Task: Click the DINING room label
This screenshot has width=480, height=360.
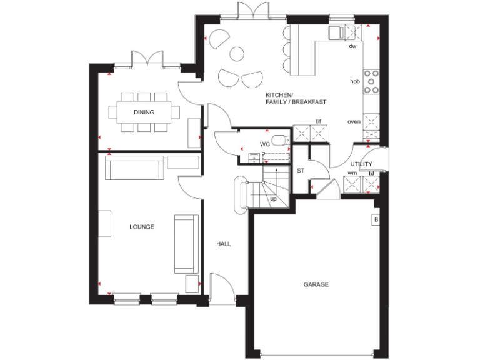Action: click(x=144, y=112)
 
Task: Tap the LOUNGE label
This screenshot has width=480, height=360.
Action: click(x=142, y=227)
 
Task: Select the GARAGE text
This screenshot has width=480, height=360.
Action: click(x=316, y=284)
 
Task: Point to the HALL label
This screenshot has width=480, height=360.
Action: click(x=224, y=244)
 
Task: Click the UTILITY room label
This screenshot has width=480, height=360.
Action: click(x=361, y=163)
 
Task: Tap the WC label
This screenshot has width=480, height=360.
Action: click(x=264, y=144)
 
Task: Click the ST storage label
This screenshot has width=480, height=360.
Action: click(x=300, y=170)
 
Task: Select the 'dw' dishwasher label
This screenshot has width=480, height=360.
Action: click(x=352, y=46)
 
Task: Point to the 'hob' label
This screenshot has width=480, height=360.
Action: click(x=354, y=81)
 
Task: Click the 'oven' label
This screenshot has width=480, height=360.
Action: click(x=354, y=121)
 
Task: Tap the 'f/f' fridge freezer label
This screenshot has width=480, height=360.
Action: click(x=318, y=121)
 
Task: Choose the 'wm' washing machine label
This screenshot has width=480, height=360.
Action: click(x=352, y=173)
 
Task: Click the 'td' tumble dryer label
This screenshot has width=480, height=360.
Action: click(x=371, y=173)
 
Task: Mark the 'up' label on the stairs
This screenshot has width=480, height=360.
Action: click(x=273, y=199)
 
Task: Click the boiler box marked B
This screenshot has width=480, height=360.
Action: click(x=376, y=220)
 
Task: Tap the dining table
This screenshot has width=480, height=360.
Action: click(x=144, y=112)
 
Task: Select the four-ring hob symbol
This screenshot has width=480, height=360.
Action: click(x=372, y=81)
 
